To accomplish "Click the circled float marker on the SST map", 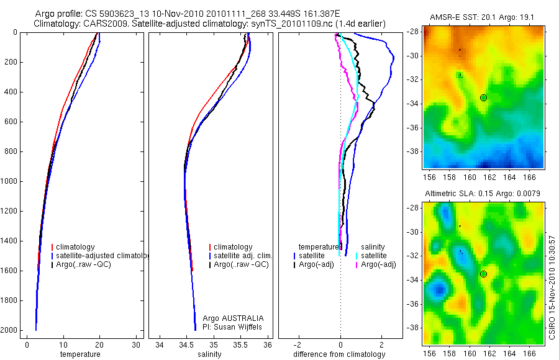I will coord(483,97).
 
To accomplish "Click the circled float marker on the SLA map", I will coord(483,274).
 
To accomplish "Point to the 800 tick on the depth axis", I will coord(11,151).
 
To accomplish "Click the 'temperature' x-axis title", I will coord(80,354).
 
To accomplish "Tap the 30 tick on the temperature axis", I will coord(136,345).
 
